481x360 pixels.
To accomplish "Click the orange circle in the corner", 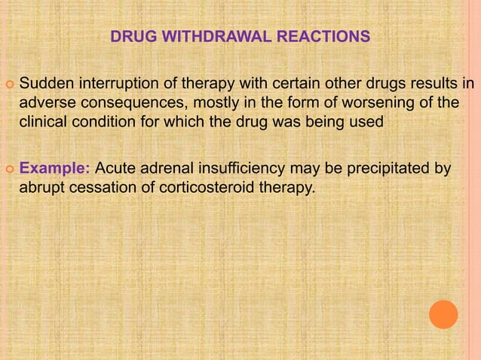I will point(443,314).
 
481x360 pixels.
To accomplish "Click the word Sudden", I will point(43,81).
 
